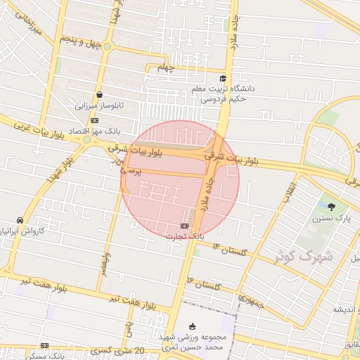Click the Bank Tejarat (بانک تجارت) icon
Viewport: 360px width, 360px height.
[184, 226]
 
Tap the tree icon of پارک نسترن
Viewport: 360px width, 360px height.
[331, 207]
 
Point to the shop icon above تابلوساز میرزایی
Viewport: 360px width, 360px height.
[99, 94]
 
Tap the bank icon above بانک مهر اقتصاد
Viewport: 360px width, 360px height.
[95, 120]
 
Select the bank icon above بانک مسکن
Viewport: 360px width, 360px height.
[45, 345]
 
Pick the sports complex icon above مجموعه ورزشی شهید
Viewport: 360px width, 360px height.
[193, 326]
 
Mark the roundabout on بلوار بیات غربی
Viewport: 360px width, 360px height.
[87, 140]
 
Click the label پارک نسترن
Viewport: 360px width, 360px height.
[330, 219]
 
